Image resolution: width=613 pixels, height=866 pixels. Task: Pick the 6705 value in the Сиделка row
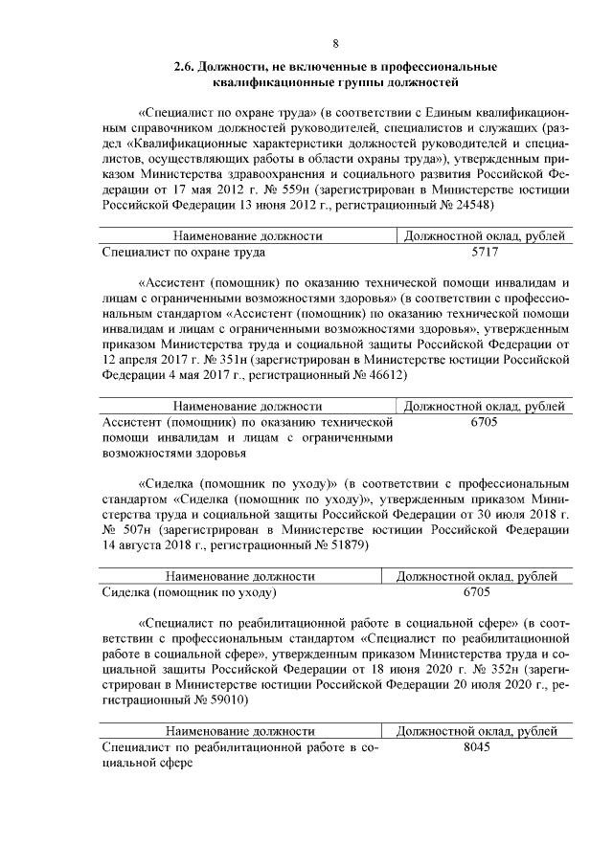tap(476, 592)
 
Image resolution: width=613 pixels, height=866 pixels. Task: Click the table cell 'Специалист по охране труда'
tap(183, 253)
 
